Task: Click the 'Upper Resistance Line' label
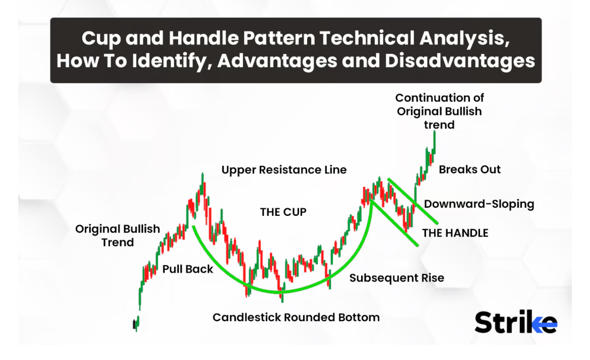click(284, 169)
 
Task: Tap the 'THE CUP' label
click(283, 212)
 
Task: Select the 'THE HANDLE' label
click(455, 233)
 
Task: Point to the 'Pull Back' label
click(188, 269)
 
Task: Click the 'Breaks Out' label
click(469, 169)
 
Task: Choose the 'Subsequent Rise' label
click(396, 278)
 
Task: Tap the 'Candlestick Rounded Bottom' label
click(296, 317)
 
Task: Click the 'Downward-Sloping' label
click(479, 204)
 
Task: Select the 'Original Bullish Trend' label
click(117, 235)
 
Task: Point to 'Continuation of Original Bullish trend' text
click(440, 111)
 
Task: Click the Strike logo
click(516, 322)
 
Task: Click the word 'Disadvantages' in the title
click(460, 61)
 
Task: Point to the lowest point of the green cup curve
click(280, 292)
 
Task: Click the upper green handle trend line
click(413, 201)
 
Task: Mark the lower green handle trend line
click(395, 223)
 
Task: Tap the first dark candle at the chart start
click(134, 324)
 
